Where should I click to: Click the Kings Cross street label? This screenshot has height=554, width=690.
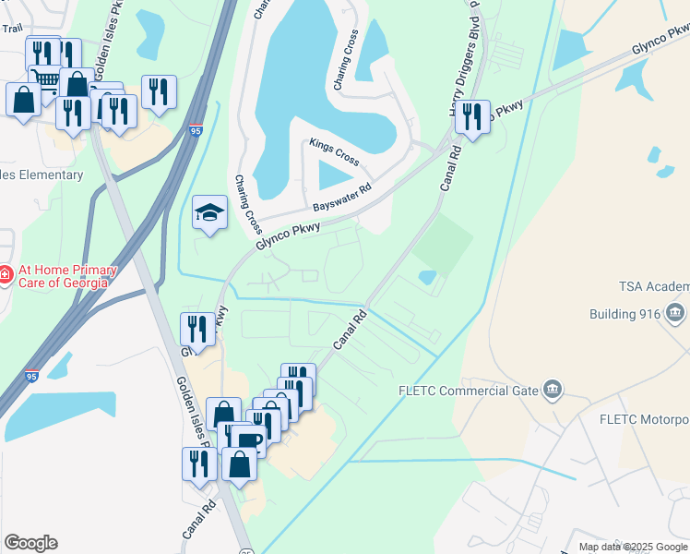(334, 152)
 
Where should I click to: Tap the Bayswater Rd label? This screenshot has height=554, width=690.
(340, 196)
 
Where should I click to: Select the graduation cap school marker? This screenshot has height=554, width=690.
(209, 214)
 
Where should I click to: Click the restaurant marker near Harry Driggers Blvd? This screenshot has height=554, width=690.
(472, 116)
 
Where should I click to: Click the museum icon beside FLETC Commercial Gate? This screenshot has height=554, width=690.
(553, 390)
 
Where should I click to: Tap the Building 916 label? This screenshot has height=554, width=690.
(625, 314)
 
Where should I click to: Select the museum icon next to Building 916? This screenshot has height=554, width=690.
(676, 313)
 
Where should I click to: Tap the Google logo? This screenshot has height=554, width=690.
(30, 543)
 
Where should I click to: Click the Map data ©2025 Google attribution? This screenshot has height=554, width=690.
(633, 547)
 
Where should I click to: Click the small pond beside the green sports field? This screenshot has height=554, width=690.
(427, 276)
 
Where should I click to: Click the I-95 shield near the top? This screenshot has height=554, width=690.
(196, 130)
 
